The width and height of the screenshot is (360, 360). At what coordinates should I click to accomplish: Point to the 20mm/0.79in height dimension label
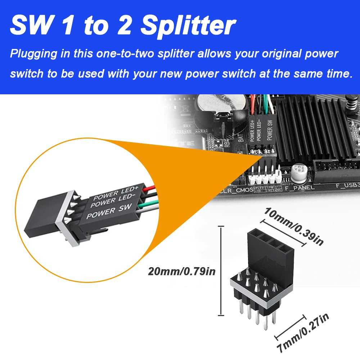click(182, 271)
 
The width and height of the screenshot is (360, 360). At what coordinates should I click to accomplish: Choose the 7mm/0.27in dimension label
click(304, 333)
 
